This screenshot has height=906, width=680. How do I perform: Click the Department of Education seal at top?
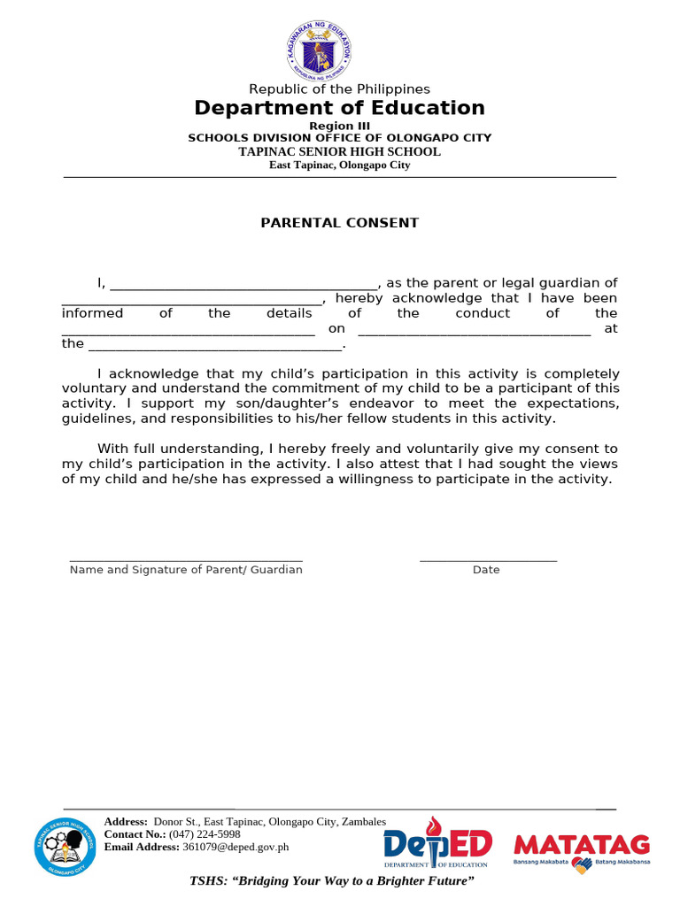pos(319,50)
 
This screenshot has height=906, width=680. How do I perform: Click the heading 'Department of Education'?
pos(339,108)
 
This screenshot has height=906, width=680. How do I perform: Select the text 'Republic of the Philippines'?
pos(339,89)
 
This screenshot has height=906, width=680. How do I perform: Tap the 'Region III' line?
pos(339,126)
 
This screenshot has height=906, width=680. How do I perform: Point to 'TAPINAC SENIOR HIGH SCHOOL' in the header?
pos(339,151)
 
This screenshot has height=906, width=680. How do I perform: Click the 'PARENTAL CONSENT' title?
pos(339,223)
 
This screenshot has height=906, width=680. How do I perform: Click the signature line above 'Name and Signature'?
pos(186,558)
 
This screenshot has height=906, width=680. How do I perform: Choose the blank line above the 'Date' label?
pos(488,558)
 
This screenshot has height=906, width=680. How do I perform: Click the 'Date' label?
pos(486,570)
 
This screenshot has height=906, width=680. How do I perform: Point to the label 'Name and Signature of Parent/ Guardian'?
pos(186,570)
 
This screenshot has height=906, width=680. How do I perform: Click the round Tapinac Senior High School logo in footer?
pos(66,847)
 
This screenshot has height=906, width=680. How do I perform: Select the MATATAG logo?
pos(582,850)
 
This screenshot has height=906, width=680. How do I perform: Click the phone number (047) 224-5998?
pos(205,834)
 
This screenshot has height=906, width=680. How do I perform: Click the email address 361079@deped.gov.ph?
pos(236,847)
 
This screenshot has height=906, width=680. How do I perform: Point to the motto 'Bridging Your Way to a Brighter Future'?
pos(333,882)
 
